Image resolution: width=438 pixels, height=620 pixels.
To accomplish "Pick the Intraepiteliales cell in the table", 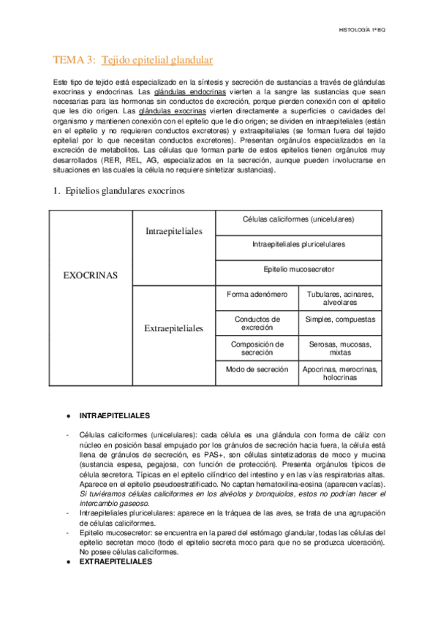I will tap(174, 231).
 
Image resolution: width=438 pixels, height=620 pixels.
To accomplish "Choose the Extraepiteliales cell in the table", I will tap(174, 328).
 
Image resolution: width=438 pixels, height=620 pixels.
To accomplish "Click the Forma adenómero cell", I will tap(257, 294).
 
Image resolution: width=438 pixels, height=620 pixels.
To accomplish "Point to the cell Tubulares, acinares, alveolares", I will tap(340, 298).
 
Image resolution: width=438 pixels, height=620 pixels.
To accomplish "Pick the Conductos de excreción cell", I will tap(257, 322).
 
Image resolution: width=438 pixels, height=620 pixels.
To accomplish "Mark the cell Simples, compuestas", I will tap(340, 320).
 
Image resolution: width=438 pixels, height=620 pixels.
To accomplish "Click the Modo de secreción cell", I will tap(257, 370).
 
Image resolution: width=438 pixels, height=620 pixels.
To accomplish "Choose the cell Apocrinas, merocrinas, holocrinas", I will tap(340, 374).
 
